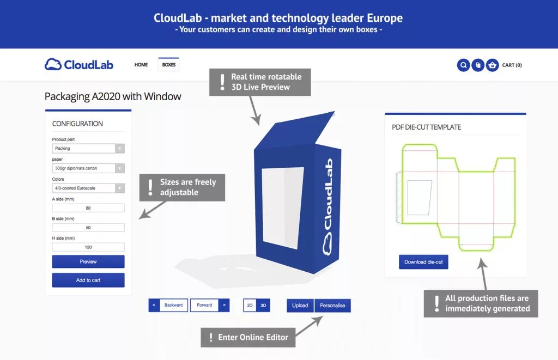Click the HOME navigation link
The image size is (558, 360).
click(141, 65)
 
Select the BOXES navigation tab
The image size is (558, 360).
click(169, 65)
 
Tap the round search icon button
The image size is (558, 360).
click(463, 65)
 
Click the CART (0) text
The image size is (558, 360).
click(512, 65)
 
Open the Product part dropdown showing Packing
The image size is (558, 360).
click(88, 148)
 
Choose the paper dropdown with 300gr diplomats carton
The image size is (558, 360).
click(88, 168)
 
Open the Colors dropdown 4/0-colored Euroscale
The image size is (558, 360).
click(88, 188)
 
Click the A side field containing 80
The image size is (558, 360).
click(88, 208)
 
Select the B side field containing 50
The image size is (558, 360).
click(88, 228)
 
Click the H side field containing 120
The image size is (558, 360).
click(88, 247)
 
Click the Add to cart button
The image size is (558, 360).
click(88, 280)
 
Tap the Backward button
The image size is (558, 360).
click(174, 305)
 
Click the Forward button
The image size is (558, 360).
click(204, 305)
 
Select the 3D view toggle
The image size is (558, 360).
click(263, 306)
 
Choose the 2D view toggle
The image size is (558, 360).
click(250, 306)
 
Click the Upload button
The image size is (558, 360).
click(300, 306)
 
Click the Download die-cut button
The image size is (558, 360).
click(423, 262)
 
